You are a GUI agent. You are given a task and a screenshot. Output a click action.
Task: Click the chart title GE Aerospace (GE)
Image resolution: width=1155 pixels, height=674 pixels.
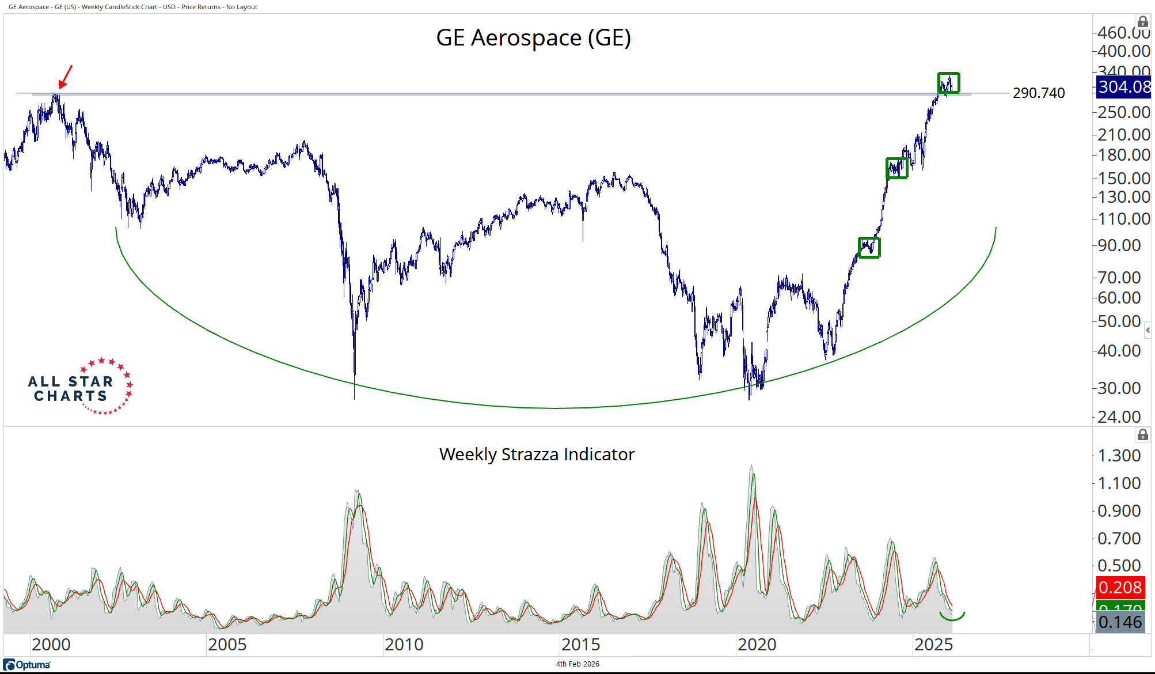(533, 38)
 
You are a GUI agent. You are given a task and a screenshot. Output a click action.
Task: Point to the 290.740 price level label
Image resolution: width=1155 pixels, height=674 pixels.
(1038, 93)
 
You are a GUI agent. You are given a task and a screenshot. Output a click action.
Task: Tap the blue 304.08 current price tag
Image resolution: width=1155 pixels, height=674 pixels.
(1123, 87)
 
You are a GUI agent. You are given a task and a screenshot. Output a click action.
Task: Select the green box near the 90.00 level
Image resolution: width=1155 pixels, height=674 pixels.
(869, 248)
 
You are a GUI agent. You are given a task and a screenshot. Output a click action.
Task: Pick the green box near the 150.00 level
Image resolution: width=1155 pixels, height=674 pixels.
(896, 168)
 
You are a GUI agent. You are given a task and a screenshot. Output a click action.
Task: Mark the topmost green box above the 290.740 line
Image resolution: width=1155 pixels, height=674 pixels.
(948, 83)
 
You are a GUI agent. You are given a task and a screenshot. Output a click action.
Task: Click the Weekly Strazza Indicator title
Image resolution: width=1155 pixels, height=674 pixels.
(537, 455)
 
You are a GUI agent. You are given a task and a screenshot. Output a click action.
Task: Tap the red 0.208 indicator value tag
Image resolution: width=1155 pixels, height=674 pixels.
(1120, 587)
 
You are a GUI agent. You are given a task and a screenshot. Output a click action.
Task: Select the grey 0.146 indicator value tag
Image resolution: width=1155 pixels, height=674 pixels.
(1120, 622)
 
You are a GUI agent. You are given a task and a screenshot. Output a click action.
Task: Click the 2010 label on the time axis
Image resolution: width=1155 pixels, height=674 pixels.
(404, 645)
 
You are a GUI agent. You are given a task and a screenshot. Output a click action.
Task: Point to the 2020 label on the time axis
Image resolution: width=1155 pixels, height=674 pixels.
(757, 645)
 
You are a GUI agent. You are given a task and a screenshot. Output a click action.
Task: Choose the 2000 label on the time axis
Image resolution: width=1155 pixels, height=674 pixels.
(51, 645)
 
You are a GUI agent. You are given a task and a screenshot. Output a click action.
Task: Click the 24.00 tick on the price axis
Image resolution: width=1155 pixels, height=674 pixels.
(1119, 416)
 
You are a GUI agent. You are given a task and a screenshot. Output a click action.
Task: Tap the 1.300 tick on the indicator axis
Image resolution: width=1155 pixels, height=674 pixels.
(1119, 456)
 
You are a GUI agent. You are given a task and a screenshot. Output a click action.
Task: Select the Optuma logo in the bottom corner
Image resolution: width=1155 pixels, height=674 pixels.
(27, 665)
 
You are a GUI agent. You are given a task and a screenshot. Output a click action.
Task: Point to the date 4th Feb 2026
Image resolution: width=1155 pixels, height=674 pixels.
(577, 664)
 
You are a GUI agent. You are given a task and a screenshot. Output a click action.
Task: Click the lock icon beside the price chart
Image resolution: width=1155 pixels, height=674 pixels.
(1143, 22)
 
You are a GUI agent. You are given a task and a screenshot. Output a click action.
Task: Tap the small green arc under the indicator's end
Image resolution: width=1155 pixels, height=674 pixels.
(952, 616)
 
